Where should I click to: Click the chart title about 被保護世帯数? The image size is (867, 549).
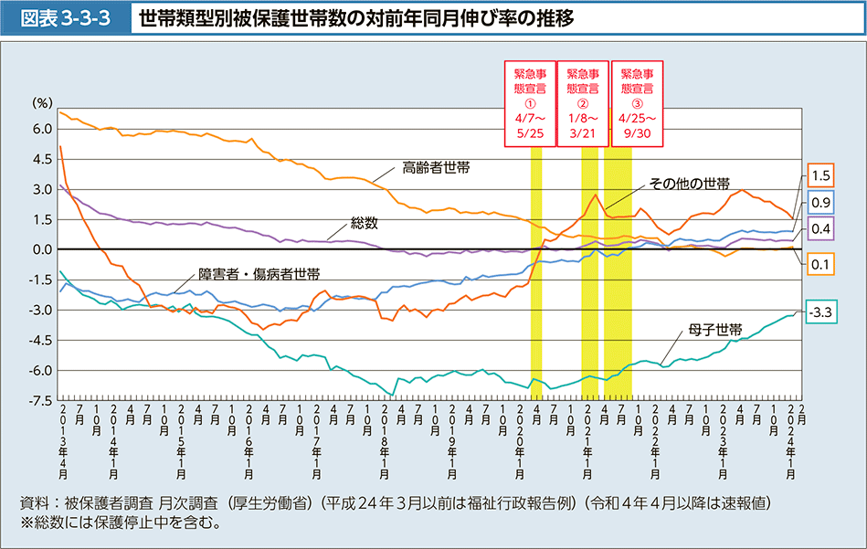point(357,18)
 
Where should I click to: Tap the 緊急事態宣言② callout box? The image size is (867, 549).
point(583,103)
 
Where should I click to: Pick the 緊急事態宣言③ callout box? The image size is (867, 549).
point(636,103)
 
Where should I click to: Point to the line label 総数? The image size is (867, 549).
point(364,222)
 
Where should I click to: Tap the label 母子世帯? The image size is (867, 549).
point(716,327)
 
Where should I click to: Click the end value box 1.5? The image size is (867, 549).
point(819,175)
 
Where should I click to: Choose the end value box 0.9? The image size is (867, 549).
point(819,202)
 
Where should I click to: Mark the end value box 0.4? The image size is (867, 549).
point(819,228)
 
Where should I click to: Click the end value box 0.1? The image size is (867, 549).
point(819,263)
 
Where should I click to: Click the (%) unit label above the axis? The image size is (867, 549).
point(43,103)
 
